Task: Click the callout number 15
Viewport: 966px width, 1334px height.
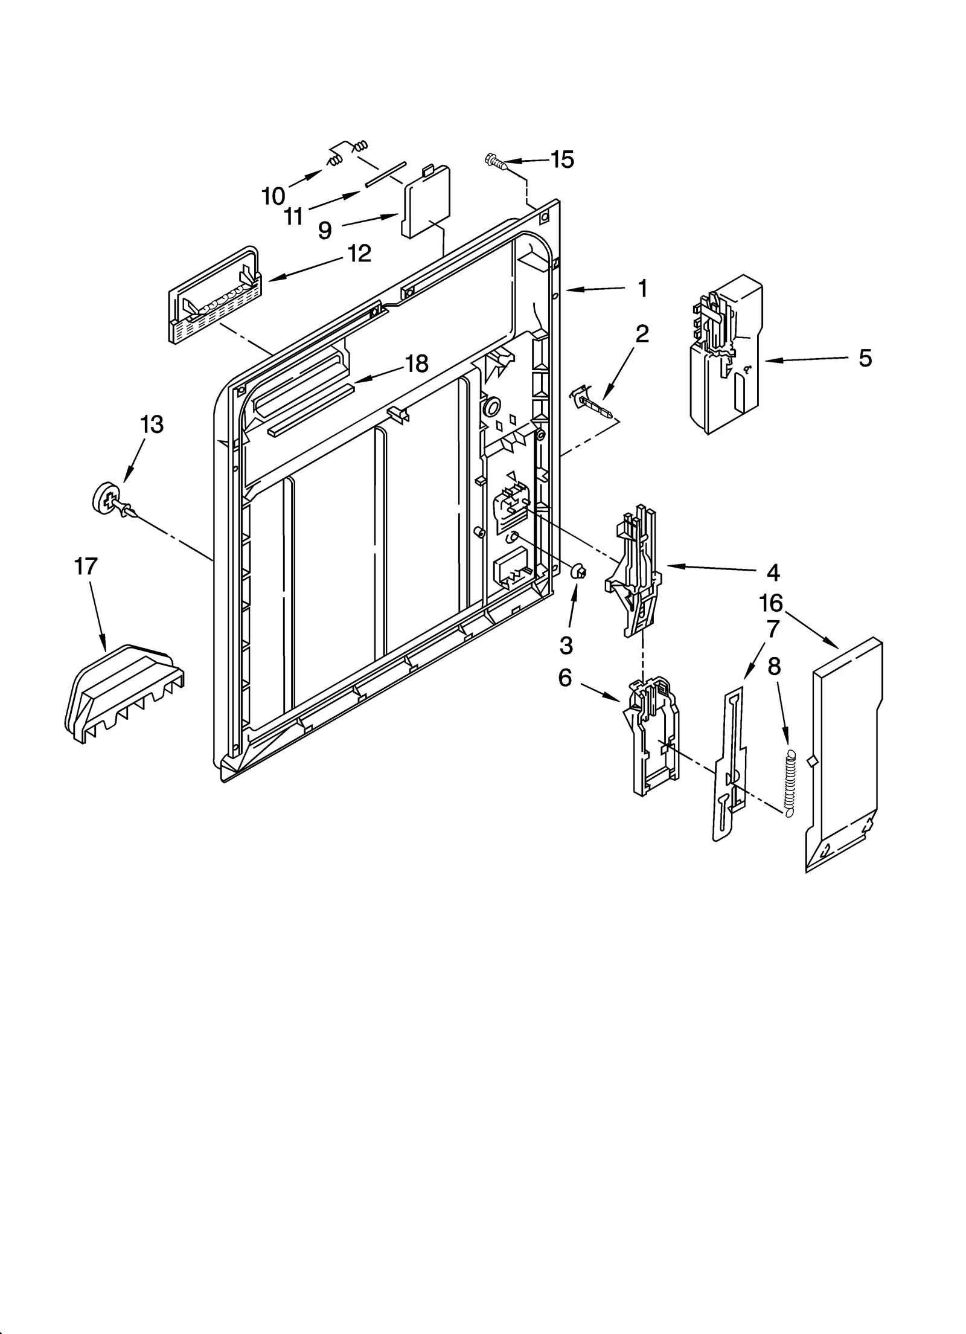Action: click(561, 159)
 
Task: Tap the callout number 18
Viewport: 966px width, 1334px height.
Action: click(416, 364)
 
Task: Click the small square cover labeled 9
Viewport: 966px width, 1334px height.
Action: click(426, 206)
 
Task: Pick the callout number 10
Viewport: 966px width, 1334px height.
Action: click(273, 196)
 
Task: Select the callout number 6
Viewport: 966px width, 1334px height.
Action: click(565, 678)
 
